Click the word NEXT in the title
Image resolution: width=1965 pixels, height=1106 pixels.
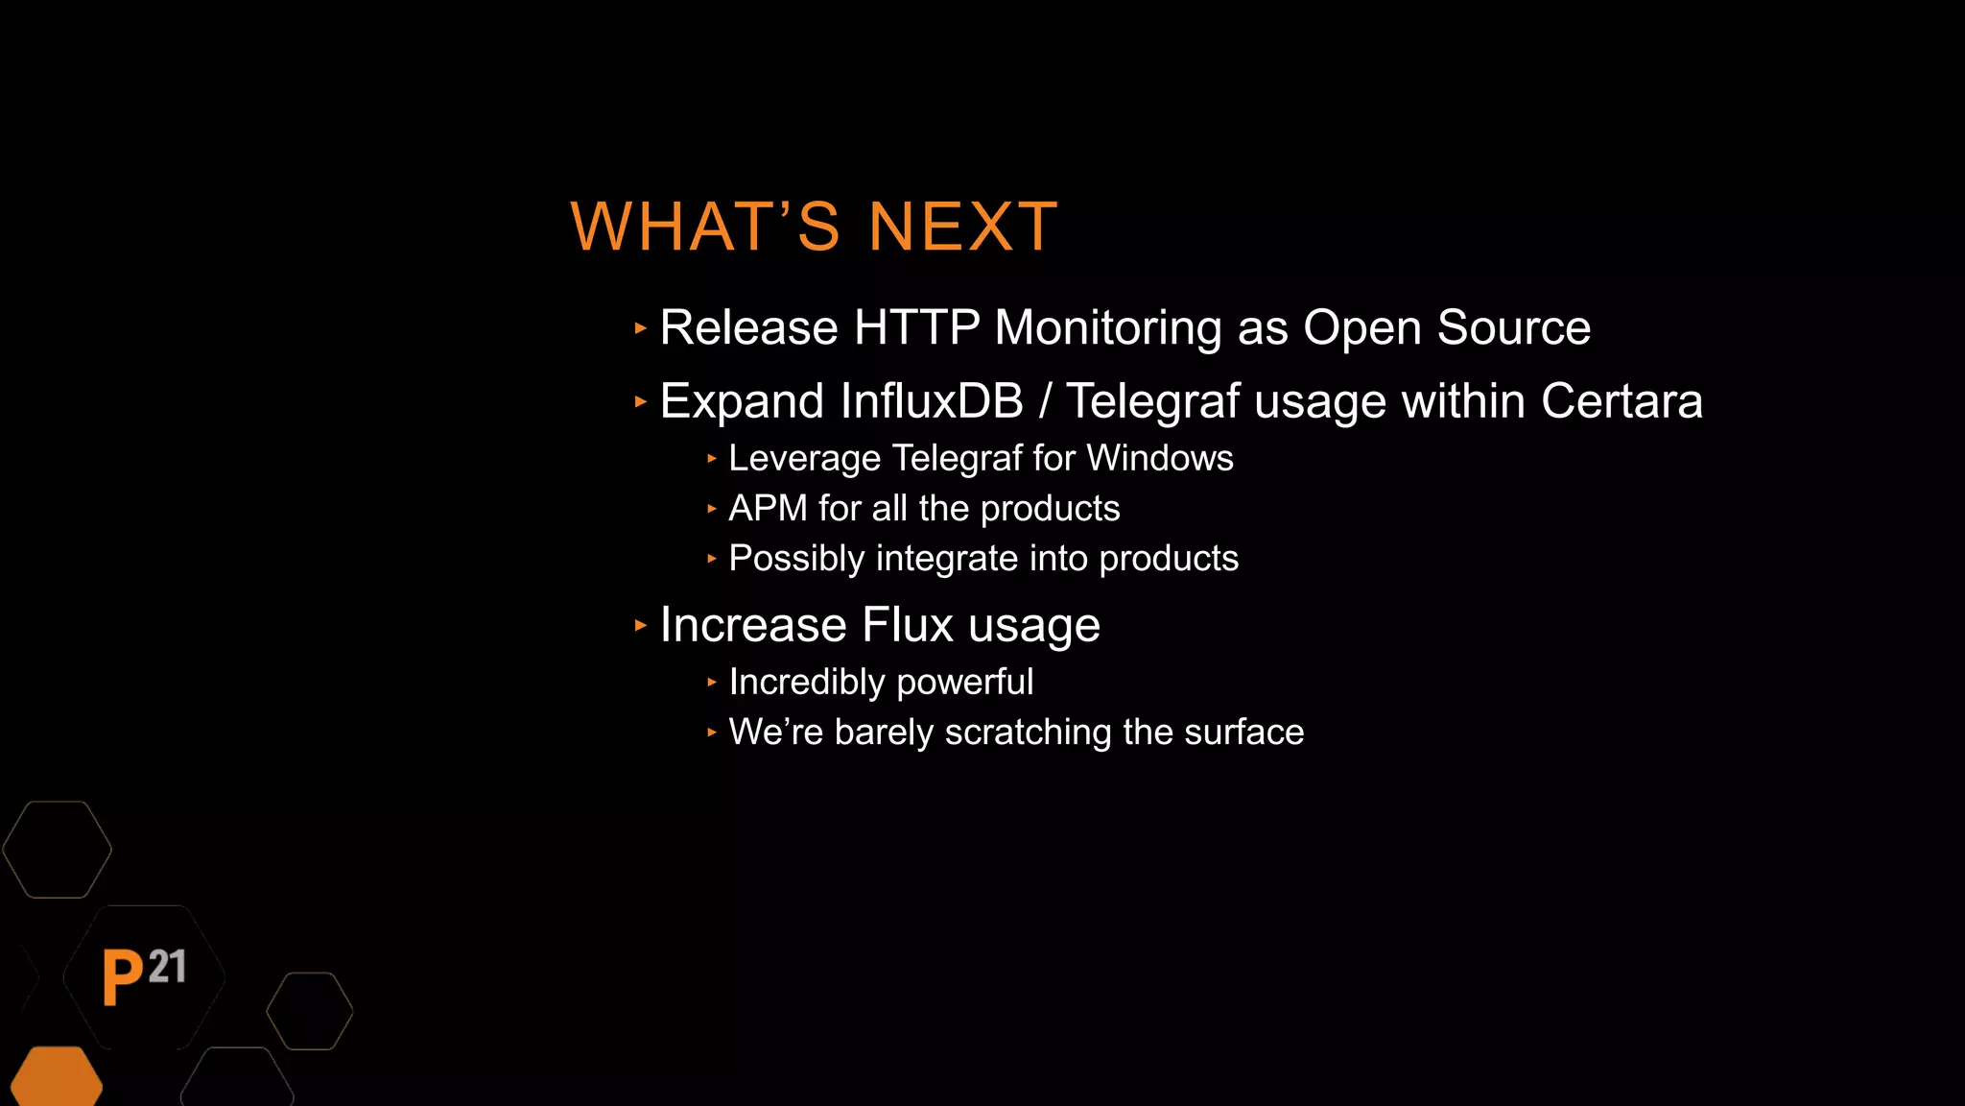click(962, 228)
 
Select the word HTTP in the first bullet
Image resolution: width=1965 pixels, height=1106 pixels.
click(916, 327)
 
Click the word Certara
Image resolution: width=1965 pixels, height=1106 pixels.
click(1622, 401)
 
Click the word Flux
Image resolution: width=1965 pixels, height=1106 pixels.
click(908, 625)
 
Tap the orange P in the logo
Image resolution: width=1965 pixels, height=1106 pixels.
click(123, 977)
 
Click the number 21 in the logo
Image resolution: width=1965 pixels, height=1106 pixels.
click(167, 967)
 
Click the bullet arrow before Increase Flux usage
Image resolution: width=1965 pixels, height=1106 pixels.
click(641, 626)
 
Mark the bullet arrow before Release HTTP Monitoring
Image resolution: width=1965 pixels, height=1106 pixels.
click(641, 328)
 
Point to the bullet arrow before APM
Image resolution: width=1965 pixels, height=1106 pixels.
click(711, 509)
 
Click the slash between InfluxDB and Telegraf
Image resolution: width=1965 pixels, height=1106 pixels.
click(1045, 401)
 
